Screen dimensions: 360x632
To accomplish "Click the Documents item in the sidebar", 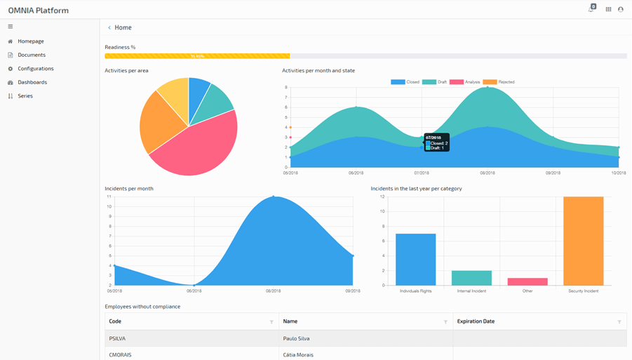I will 32,55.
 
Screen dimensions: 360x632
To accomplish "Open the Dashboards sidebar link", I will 32,82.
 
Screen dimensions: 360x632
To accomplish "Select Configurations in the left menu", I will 35,69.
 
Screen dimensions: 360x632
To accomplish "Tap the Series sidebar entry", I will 25,96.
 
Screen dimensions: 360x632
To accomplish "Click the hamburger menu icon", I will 11,27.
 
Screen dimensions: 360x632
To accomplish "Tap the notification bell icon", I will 591,10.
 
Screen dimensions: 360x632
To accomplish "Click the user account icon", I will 620,10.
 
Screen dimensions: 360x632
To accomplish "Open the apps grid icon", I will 608,10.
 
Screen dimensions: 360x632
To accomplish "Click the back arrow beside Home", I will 109,27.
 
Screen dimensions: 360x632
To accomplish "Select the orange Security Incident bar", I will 583,241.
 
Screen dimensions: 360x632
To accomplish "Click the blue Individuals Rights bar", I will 415,260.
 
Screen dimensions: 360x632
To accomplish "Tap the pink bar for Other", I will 527,281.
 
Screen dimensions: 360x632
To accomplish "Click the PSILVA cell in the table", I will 117,338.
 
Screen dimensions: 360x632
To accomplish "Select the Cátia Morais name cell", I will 298,354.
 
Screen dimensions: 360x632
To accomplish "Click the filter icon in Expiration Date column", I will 619,322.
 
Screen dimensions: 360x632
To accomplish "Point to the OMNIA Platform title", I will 39,11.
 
